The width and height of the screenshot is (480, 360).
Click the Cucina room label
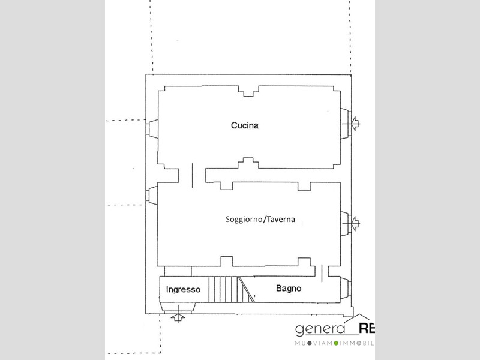[x=245, y=125]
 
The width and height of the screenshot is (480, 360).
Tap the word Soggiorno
[x=244, y=220]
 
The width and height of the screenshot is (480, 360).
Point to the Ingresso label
[x=183, y=290]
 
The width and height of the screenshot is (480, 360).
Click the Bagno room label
[x=289, y=289]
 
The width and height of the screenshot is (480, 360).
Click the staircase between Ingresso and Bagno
[x=232, y=289]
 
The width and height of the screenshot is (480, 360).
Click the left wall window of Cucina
[x=152, y=129]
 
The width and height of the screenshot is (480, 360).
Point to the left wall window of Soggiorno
[x=152, y=196]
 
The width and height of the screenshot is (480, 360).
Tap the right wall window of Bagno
[x=346, y=289]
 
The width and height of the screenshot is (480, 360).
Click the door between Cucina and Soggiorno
[x=192, y=175]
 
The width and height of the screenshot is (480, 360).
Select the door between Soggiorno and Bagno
[x=322, y=273]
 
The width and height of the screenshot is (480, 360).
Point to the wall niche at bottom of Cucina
[x=248, y=163]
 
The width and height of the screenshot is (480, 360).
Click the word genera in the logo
[x=320, y=329]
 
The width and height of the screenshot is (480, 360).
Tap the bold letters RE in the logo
[x=367, y=328]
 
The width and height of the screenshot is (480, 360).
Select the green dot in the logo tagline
[x=336, y=343]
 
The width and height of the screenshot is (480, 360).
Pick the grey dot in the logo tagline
[x=309, y=343]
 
